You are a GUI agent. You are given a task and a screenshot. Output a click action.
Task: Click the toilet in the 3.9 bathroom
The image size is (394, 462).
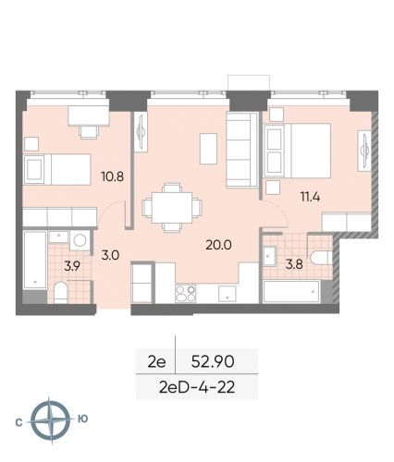pyautogui.click(x=59, y=294)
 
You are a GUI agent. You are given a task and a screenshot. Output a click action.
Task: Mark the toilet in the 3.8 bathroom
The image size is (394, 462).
pyautogui.click(x=320, y=256)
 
